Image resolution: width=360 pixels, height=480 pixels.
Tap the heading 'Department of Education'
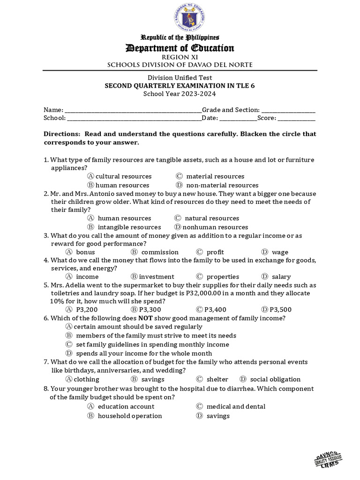(x=180, y=48)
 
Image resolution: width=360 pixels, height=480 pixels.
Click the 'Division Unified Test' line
(x=180, y=77)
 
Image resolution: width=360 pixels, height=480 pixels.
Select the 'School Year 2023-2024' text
(x=180, y=94)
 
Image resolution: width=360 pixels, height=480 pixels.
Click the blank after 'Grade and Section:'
(x=288, y=110)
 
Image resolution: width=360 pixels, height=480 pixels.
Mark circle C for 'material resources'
(x=179, y=176)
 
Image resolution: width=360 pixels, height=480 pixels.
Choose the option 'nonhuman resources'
(x=215, y=227)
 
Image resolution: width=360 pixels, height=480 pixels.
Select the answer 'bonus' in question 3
(x=85, y=252)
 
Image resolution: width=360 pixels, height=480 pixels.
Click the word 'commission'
(x=160, y=252)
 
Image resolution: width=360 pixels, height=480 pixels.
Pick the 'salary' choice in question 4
(x=281, y=277)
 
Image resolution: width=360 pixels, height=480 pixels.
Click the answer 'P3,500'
(x=281, y=309)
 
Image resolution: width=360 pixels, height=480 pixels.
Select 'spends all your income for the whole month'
(x=144, y=353)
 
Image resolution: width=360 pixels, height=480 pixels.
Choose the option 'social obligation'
(x=275, y=379)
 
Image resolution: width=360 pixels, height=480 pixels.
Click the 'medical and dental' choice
(x=236, y=406)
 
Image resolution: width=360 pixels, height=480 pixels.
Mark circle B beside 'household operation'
(x=90, y=416)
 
